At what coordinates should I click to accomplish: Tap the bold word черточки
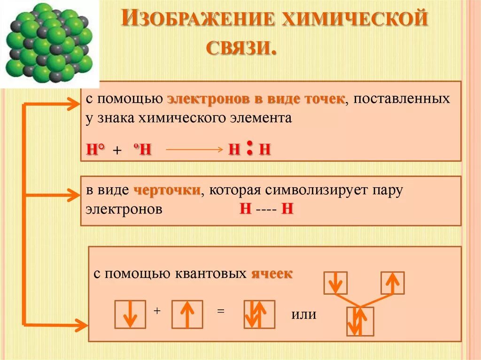click(x=167, y=191)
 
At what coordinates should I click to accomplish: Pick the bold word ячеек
click(x=272, y=274)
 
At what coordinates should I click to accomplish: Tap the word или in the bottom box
click(x=303, y=314)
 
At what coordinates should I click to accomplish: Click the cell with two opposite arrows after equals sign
click(x=259, y=314)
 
